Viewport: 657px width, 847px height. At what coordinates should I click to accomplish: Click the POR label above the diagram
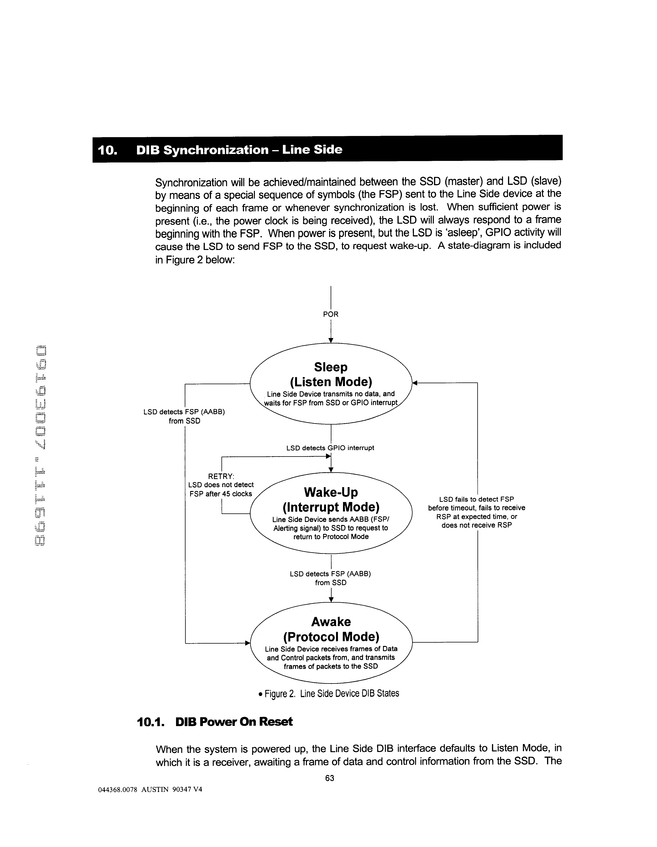[x=331, y=314]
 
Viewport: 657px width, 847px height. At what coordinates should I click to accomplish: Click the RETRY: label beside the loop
[x=221, y=476]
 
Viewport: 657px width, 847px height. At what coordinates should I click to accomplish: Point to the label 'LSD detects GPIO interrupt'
[x=330, y=448]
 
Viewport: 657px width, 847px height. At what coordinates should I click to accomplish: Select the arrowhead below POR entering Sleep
[x=331, y=340]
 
